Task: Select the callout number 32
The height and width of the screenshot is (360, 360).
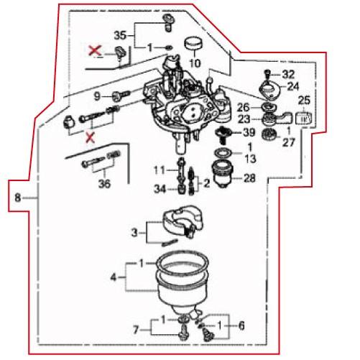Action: point(288,75)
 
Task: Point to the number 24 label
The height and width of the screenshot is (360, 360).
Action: point(292,86)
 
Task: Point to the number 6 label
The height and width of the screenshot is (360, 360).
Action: point(241,326)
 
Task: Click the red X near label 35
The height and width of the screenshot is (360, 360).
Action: point(93,50)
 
